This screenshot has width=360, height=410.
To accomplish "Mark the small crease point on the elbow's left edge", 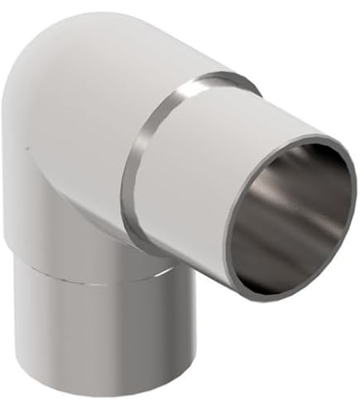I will [25, 150].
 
